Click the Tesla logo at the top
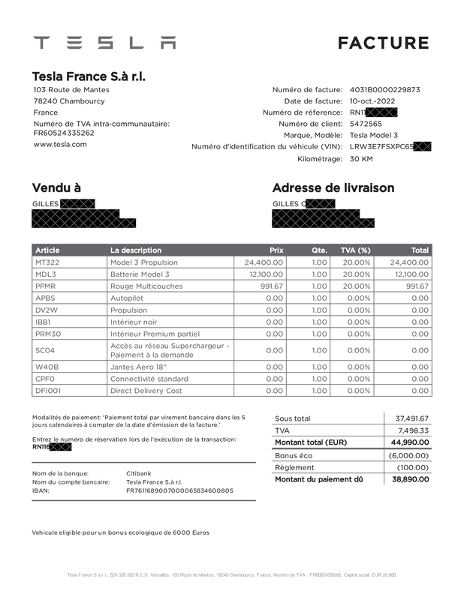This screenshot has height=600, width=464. [104, 43]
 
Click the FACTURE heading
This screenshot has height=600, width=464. [383, 43]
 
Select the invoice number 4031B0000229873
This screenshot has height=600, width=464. [384, 90]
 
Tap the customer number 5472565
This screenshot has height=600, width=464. [366, 124]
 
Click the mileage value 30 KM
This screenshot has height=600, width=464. [362, 159]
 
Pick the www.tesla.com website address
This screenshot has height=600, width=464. [59, 144]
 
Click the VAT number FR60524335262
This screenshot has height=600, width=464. [64, 133]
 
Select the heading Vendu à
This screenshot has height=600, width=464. [56, 187]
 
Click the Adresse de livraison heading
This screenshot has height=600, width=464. [333, 187]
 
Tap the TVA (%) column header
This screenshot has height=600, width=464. [355, 250]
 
